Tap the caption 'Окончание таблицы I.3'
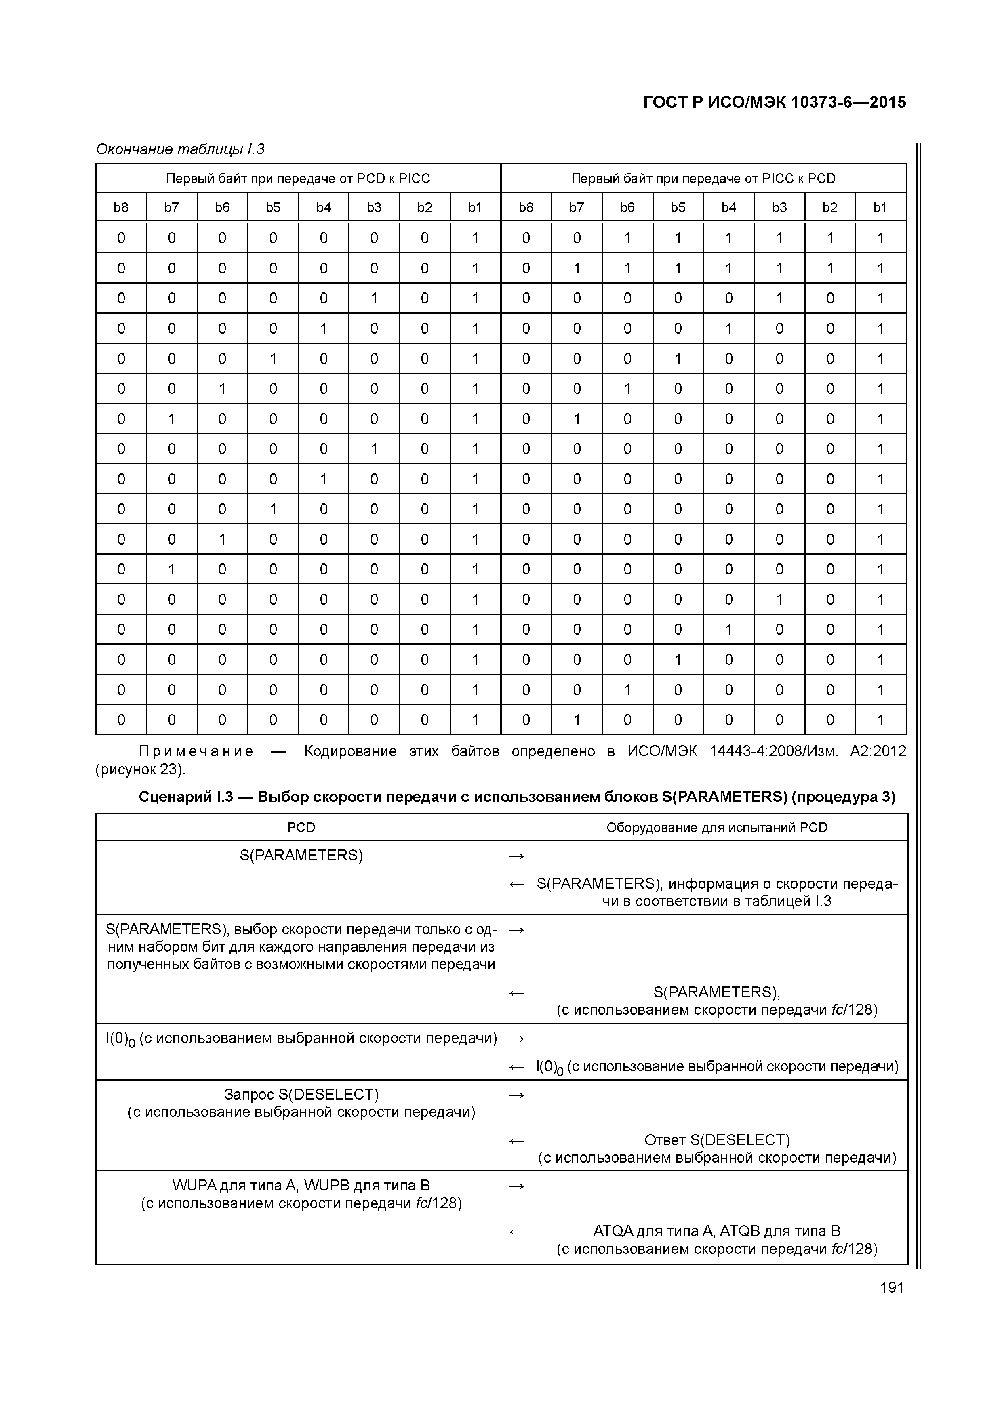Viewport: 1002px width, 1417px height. (180, 149)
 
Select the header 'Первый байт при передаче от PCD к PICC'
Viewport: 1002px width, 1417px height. (298, 179)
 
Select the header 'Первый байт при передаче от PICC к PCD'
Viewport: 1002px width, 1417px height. (703, 179)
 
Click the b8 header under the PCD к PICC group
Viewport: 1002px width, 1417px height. (121, 207)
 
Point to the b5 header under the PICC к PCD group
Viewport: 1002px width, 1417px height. (678, 207)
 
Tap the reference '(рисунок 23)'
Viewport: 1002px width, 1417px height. (140, 769)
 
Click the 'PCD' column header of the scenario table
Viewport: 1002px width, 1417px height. (301, 828)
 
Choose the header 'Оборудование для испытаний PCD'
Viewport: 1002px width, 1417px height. (717, 828)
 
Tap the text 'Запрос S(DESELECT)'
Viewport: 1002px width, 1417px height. (301, 1094)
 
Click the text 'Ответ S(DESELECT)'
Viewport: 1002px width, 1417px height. (717, 1140)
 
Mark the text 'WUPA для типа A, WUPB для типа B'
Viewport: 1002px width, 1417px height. (301, 1186)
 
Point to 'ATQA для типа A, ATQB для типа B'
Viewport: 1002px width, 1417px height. (717, 1231)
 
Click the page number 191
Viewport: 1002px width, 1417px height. (891, 1287)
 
